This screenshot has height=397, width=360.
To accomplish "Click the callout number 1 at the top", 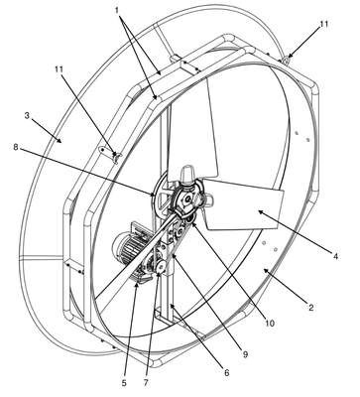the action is tap(117, 11).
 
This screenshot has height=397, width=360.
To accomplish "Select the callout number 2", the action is tap(310, 308).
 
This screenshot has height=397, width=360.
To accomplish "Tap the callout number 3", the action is tap(28, 116).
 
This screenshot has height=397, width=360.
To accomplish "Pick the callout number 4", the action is tap(335, 256).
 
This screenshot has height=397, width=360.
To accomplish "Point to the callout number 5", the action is tap(124, 383).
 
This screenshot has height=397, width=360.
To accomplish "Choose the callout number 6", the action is tap(226, 373).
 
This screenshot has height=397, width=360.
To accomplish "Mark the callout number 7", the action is tap(146, 383).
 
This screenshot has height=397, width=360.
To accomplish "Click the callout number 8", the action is tap(16, 147).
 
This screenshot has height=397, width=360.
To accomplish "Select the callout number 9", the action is tap(245, 354).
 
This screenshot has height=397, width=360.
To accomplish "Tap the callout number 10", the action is tap(270, 323).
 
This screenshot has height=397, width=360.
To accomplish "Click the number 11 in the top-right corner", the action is tap(324, 24).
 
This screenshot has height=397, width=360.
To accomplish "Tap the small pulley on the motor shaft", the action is tap(162, 267).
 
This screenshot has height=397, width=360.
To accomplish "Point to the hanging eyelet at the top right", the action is tap(287, 60).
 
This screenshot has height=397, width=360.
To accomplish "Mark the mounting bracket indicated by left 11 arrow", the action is tap(110, 154).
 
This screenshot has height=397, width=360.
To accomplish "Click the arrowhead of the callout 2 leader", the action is tap(266, 271).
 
